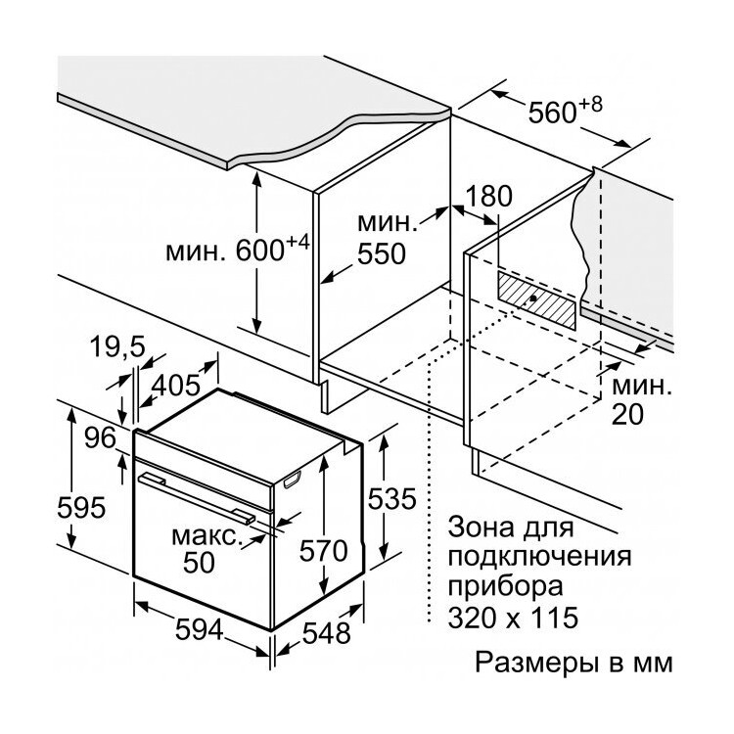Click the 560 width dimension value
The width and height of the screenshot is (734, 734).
[x=552, y=113]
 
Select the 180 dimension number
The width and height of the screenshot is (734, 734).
[x=489, y=196]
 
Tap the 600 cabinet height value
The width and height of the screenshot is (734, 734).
[x=259, y=251]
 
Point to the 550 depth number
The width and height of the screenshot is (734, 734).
[x=381, y=254]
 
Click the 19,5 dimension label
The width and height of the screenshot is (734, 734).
[x=118, y=346]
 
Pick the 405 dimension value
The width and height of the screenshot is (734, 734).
[x=176, y=386]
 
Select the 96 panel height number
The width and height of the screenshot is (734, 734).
[x=100, y=438]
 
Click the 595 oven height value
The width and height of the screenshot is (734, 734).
[x=81, y=507]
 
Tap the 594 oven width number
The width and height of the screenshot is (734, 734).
[x=199, y=630]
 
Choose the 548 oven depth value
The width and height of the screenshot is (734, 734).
[x=326, y=633]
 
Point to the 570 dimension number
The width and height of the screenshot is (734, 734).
[x=324, y=550]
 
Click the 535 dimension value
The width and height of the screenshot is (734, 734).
[x=391, y=498]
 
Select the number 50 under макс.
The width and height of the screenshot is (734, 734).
[x=199, y=562]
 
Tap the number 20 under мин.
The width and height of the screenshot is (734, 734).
[x=627, y=414]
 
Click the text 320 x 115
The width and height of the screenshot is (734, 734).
[x=513, y=618]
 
